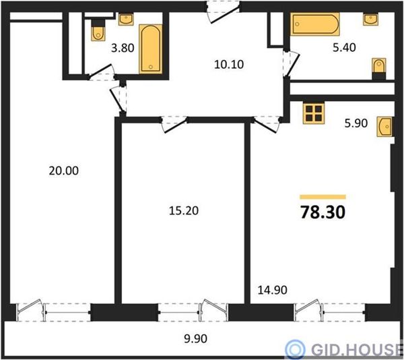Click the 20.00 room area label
[x=64, y=171]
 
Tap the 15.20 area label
[x=184, y=211]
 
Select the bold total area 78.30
[x=323, y=212]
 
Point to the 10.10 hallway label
[x=229, y=65]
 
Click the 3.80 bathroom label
[x=123, y=48]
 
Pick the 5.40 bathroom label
[x=344, y=47]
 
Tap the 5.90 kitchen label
[x=356, y=123]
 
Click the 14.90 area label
[x=272, y=290]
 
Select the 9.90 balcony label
[x=195, y=338]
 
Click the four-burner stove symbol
[x=314, y=113]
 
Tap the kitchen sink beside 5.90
[x=385, y=126]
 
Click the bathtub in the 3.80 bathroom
[x=151, y=49]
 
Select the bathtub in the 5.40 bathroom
[x=315, y=24]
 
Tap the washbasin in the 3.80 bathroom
[x=126, y=20]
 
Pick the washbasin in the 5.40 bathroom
[x=371, y=20]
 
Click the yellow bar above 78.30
[x=323, y=197]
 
